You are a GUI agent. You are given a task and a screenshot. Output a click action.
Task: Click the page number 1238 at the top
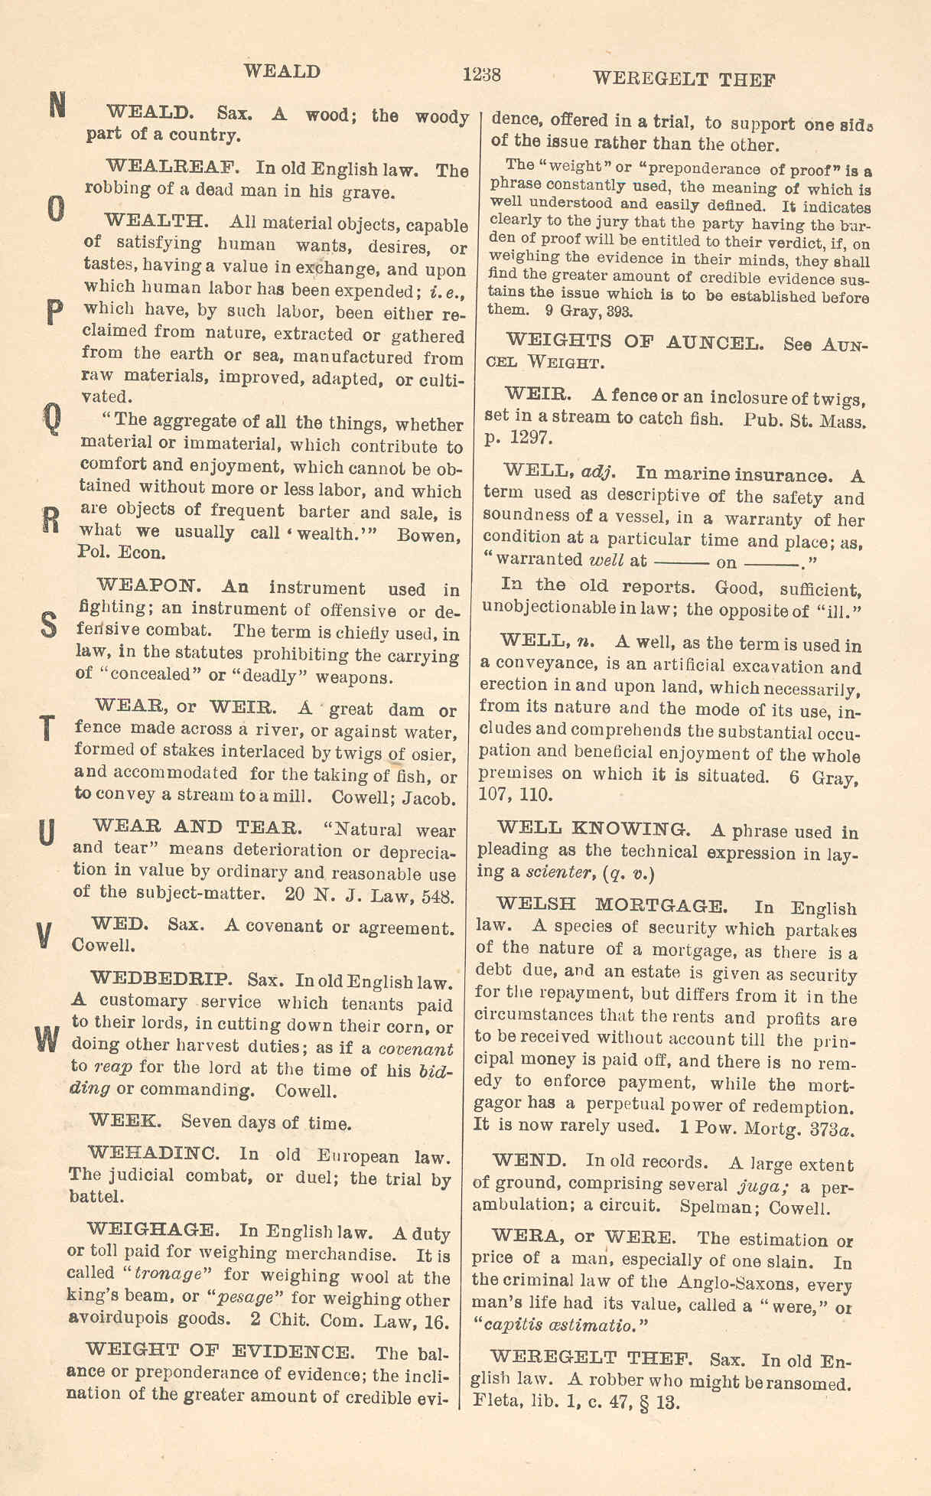coord(481,75)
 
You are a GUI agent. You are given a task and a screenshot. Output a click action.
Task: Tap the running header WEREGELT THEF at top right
coord(684,79)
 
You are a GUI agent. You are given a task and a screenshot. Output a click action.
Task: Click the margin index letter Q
coord(50,418)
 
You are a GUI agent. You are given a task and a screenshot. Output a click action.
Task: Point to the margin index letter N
coord(57,105)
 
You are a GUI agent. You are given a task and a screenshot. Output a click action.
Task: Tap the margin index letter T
coord(47,728)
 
